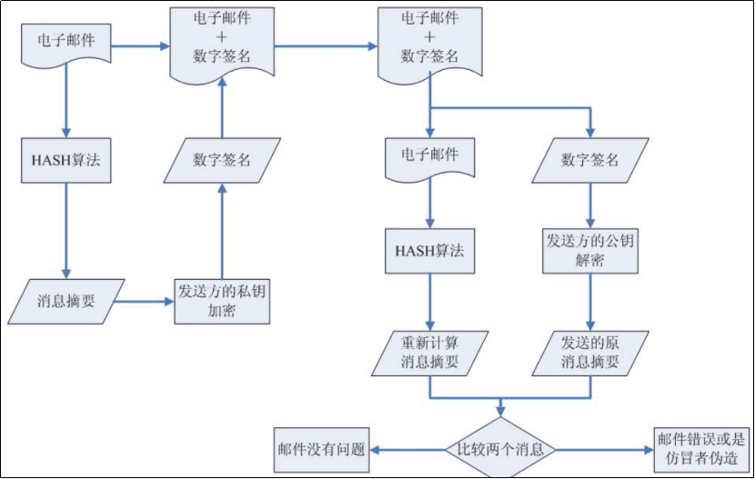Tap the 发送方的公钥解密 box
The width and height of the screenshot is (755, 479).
click(x=590, y=250)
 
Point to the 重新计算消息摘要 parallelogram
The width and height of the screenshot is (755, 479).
click(x=430, y=353)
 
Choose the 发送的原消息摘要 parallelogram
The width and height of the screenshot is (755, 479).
click(x=589, y=353)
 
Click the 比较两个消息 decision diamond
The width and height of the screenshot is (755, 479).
click(x=500, y=449)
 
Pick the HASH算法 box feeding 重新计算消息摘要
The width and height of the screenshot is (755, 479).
click(x=430, y=250)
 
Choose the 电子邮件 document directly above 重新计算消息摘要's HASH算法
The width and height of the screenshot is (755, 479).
click(x=430, y=157)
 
